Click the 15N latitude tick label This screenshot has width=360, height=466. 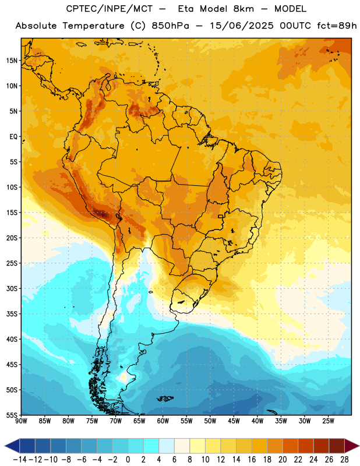click(12, 61)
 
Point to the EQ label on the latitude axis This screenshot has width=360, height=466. click(13, 137)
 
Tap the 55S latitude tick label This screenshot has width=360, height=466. click(12, 415)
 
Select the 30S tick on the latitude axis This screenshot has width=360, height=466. click(12, 288)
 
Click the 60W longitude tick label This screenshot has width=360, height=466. click(163, 421)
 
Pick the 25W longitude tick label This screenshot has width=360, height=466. click(328, 421)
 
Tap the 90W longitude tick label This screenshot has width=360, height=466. click(22, 421)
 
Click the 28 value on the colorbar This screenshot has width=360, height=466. click(344, 460)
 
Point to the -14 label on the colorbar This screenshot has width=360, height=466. click(20, 460)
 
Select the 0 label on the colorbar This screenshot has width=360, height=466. click(128, 460)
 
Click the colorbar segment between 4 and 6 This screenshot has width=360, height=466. click(167, 446)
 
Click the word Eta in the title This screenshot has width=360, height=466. click(186, 9)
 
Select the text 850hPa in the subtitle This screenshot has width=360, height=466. click(170, 26)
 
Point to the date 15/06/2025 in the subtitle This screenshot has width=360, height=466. click(241, 26)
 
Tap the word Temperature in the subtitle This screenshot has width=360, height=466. click(93, 26)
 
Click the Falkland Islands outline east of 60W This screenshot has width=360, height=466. click(165, 398)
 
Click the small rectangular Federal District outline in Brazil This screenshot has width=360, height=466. click(221, 216)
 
